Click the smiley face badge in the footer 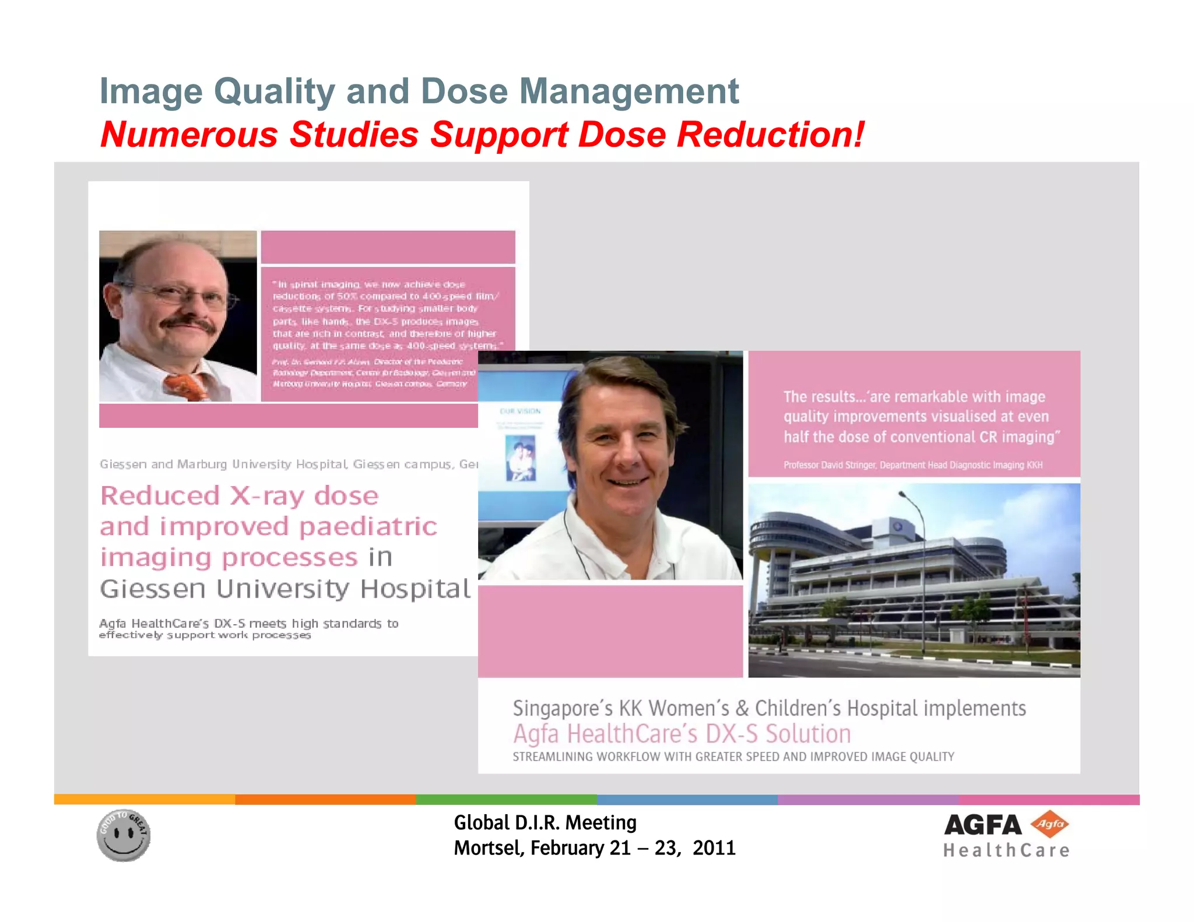point(124,835)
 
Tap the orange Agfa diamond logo point(1049,824)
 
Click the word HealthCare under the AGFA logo point(1006,850)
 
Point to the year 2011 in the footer point(714,848)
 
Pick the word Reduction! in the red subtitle point(771,135)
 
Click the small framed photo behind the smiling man point(521,458)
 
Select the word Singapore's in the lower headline point(563,708)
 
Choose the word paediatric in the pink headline point(368,527)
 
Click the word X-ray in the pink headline point(267,496)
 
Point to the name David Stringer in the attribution point(848,465)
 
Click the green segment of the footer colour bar point(506,800)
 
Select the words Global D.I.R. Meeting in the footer point(545,822)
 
